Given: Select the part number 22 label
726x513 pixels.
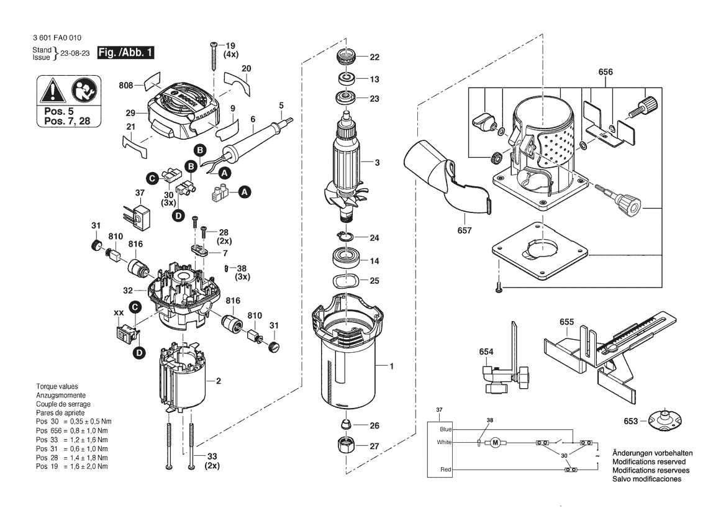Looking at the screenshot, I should point(374,58).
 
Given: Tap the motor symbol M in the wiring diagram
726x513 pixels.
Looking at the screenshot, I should point(495,442).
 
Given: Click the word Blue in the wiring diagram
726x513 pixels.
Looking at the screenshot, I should point(445,429).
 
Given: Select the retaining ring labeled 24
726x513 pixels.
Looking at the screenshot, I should point(345,237).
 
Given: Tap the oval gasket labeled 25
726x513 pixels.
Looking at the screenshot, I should point(345,281).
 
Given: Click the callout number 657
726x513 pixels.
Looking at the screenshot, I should point(464,230).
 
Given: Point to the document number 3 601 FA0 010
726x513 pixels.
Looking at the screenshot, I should point(55,38).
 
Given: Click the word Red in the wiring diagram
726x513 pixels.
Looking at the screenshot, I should point(445,470).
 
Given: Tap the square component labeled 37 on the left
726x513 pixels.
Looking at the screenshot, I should point(142,217).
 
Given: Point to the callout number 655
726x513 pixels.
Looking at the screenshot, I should point(566,322).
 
